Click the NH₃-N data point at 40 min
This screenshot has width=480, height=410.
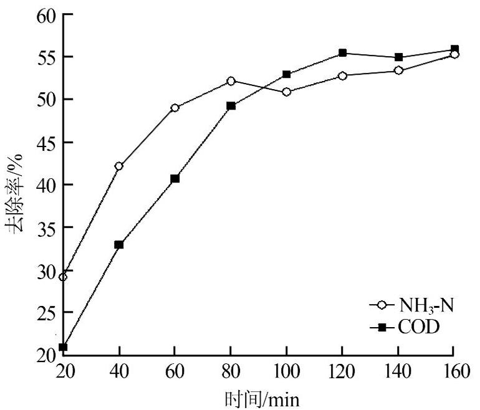pos(118,166)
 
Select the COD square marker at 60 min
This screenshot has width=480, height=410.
pos(175,179)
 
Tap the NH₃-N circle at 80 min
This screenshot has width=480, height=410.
pos(231,81)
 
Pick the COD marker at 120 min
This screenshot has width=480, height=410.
pos(343,53)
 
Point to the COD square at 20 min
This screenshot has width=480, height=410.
pos(63,347)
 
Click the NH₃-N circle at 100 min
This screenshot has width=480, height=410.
pos(287,92)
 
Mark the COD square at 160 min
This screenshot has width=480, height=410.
pos(454,49)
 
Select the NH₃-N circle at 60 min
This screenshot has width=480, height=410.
pos(175,108)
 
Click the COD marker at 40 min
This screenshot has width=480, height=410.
pos(118,245)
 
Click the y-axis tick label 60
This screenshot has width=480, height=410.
pos(47,14)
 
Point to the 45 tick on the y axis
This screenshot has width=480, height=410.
pos(47,142)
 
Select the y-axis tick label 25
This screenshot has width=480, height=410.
pos(47,313)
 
